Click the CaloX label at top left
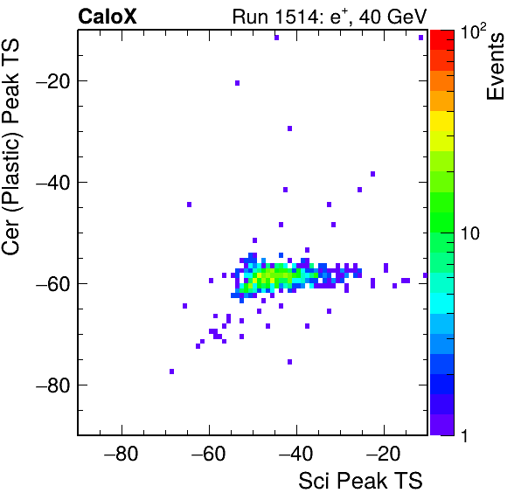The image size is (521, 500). [108, 17]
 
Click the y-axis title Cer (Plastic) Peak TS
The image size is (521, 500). [10, 148]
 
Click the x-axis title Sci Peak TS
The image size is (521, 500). [360, 481]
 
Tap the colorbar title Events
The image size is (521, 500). [495, 66]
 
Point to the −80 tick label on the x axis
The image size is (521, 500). [121, 454]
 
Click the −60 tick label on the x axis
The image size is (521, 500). [208, 454]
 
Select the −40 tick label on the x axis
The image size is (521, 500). [295, 454]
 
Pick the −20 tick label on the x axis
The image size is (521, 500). [383, 454]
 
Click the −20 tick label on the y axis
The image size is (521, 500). [52, 80]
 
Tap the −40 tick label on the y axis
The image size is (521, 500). [52, 182]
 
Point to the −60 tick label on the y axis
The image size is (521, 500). [52, 283]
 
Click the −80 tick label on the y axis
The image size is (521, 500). [52, 385]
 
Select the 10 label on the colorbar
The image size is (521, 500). [470, 233]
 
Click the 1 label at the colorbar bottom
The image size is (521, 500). [464, 435]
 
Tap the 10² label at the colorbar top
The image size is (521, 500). [473, 31]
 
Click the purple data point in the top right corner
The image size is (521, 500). [420, 38]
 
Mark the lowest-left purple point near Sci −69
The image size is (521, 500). [171, 372]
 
